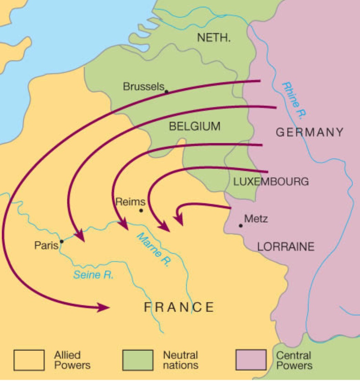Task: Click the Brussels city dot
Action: [166, 92]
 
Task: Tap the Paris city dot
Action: [62, 242]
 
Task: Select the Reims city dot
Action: [141, 210]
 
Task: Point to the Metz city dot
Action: [241, 226]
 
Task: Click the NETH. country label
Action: [214, 38]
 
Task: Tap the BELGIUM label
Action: [194, 126]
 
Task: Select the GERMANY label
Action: [309, 132]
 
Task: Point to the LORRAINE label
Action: [285, 247]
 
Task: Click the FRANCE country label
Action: [179, 307]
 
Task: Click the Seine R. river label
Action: [93, 275]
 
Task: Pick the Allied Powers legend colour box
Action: [29, 360]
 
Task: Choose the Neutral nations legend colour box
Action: [138, 360]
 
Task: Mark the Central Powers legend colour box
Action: [251, 360]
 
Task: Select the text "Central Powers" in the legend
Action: [294, 360]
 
